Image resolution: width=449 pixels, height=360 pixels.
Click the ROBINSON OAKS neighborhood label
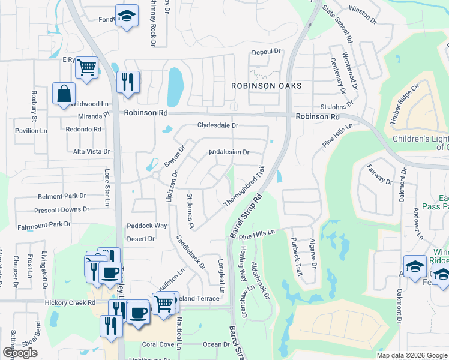(267, 86)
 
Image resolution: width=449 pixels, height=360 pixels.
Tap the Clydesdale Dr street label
(218, 125)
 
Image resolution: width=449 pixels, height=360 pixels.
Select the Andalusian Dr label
(229, 152)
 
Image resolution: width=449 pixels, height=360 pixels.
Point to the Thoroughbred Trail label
(244, 187)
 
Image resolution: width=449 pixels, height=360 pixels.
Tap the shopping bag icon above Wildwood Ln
(64, 95)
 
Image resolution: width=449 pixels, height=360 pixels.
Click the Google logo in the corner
(20, 353)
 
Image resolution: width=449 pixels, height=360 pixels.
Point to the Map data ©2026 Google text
(412, 355)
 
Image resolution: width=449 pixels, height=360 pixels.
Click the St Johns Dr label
(334, 107)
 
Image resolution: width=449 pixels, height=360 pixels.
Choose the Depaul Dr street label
(267, 52)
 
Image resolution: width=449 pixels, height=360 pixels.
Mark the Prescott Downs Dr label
(61, 209)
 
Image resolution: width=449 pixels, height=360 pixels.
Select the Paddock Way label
(146, 226)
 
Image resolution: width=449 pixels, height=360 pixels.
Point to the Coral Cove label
(158, 344)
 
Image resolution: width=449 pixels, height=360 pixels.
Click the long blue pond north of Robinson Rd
(175, 86)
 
